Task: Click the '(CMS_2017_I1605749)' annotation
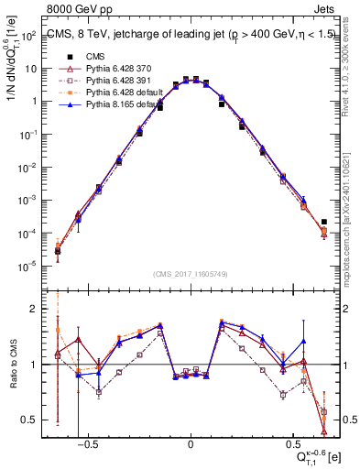point(191,274)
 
